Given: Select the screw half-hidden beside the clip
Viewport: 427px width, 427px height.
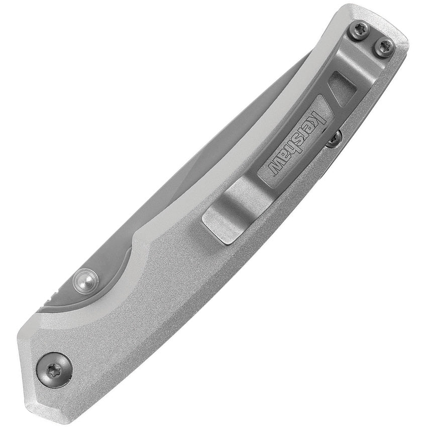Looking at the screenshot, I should (334, 138).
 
